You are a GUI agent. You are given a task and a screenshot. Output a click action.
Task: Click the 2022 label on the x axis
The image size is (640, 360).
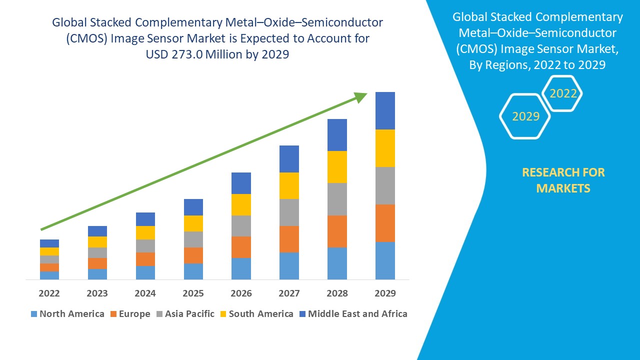pyautogui.click(x=49, y=293)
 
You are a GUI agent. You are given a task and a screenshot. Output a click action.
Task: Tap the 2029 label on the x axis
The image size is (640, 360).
pyautogui.click(x=385, y=293)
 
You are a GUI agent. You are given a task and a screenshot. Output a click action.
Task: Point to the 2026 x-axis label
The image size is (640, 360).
pyautogui.click(x=241, y=293)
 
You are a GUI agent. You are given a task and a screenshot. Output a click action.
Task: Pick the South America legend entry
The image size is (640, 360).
pyautogui.click(x=256, y=314)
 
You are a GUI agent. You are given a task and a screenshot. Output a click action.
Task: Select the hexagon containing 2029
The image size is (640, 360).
pyautogui.click(x=525, y=116)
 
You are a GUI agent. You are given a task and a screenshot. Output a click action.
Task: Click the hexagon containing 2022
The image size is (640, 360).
pyautogui.click(x=563, y=93)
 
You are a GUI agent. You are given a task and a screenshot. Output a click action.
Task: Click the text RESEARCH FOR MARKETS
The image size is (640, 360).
pyautogui.click(x=563, y=180)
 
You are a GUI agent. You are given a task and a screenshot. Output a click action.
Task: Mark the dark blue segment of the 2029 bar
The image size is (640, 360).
pyautogui.click(x=385, y=110)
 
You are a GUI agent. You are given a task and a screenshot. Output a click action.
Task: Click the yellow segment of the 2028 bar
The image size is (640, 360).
pyautogui.click(x=337, y=167)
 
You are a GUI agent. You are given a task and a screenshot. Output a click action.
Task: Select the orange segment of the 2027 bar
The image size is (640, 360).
pyautogui.click(x=289, y=239)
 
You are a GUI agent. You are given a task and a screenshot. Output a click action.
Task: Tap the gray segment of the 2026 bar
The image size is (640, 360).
pyautogui.click(x=241, y=226)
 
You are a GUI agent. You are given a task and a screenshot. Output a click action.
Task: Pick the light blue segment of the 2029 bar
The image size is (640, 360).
pyautogui.click(x=385, y=260)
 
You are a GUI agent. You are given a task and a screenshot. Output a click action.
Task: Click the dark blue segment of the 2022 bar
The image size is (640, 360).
pyautogui.click(x=49, y=243)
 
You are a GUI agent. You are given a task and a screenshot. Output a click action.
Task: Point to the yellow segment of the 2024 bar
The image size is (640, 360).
pyautogui.click(x=145, y=232)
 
